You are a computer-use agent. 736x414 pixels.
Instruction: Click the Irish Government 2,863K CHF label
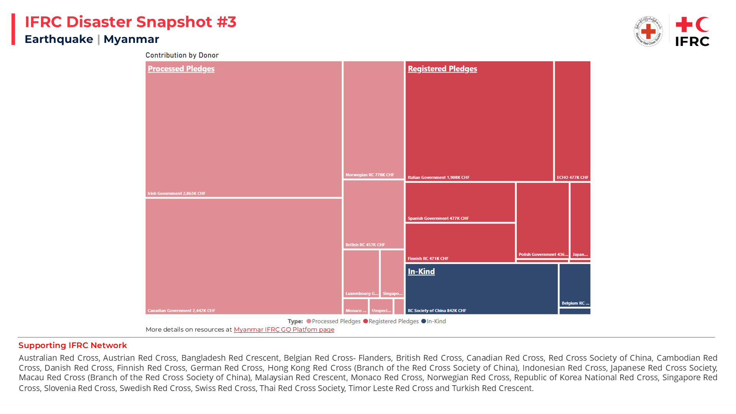[177, 194]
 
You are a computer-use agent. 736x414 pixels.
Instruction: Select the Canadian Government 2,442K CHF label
[181, 311]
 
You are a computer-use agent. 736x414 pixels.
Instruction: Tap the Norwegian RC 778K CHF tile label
[370, 175]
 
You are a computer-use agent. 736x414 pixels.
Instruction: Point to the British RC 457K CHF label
[365, 245]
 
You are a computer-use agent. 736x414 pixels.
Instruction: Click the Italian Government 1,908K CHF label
[438, 178]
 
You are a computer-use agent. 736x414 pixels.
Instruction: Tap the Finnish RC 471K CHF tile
[460, 243]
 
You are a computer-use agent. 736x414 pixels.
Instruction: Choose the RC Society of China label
[437, 311]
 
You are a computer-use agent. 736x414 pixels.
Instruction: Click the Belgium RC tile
[575, 286]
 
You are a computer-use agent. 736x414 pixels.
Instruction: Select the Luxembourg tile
[361, 274]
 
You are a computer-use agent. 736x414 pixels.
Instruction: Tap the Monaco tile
[356, 307]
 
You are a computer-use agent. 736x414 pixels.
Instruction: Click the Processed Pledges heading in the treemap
[181, 69]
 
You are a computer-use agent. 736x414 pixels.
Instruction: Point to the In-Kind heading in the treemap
[421, 272]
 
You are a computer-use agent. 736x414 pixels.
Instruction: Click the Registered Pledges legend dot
[365, 321]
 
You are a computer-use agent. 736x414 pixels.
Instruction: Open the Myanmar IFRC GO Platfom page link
[284, 330]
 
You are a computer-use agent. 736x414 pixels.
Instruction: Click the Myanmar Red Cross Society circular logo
[648, 31]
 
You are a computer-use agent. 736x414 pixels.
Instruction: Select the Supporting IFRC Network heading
[72, 345]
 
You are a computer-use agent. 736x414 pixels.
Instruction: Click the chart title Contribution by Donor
[182, 55]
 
